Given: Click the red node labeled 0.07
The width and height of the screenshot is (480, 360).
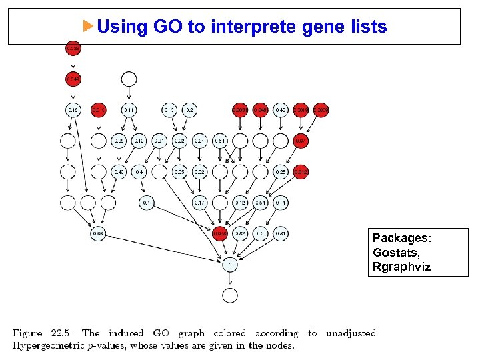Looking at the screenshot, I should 301,141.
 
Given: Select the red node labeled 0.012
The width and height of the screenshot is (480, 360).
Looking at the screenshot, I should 301,172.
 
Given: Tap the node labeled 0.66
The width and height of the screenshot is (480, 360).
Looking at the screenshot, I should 98,233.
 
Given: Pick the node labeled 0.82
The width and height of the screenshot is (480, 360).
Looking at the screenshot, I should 241,233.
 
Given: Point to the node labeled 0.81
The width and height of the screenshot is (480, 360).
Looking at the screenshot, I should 281,233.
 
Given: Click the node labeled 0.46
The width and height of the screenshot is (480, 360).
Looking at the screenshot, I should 119,172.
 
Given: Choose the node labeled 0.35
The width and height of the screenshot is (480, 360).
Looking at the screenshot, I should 179,172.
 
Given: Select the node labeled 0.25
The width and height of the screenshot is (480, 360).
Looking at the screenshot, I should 281,172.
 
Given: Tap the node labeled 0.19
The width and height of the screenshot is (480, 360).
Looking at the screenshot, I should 73,110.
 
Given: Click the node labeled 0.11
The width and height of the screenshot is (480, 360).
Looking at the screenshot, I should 129,110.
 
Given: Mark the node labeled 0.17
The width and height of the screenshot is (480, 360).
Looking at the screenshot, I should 200,202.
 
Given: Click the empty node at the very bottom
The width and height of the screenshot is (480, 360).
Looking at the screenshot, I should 229,295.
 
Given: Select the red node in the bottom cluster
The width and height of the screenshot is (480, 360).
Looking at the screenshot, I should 220,233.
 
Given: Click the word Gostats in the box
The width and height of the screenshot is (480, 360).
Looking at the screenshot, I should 393,253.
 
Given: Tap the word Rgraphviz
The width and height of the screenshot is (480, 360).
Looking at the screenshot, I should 402,267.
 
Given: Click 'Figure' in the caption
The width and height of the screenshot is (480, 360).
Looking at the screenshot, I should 28,333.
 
